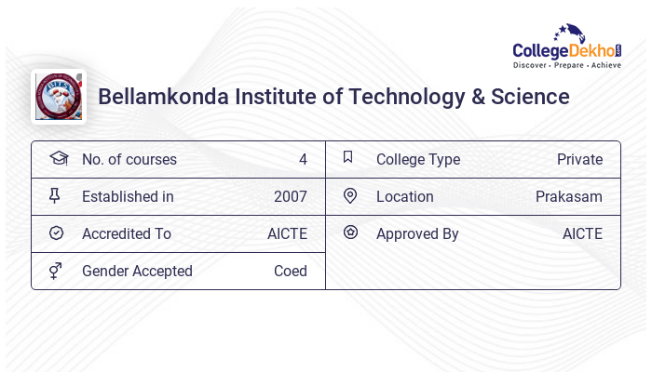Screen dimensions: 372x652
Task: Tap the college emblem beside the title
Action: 59,97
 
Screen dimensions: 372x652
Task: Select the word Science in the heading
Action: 531,97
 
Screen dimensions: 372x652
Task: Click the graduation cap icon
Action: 58,159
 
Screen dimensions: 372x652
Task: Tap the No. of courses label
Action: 129,160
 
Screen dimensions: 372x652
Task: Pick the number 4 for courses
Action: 303,160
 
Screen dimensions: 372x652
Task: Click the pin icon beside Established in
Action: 55,196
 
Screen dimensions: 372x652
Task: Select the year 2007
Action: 291,197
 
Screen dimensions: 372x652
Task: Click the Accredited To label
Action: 127,234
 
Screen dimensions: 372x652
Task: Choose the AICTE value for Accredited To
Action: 287,234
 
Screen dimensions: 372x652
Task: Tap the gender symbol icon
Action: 55,271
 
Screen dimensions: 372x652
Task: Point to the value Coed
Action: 291,272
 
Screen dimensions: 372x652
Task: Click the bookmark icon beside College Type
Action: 348,158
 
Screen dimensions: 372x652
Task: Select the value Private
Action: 579,160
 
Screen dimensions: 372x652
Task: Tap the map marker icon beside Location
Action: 350,196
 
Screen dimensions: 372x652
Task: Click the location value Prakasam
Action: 569,197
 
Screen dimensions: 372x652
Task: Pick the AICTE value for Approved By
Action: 582,234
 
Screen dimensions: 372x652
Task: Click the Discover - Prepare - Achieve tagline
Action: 566,66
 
